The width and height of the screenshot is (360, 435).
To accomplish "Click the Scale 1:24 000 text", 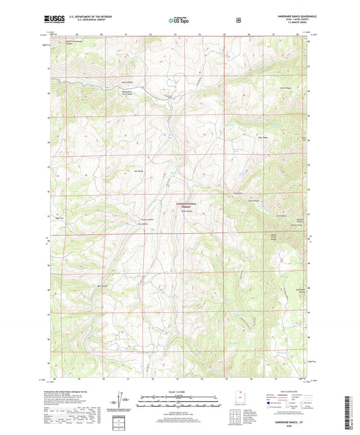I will pyautogui.click(x=179, y=392).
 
